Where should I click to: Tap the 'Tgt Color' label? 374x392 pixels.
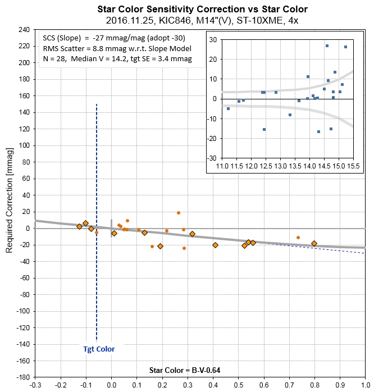(95, 349)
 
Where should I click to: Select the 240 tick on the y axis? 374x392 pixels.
(24, 30)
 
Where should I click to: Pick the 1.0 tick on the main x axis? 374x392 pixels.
(364, 386)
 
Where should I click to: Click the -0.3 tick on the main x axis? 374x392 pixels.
(35, 386)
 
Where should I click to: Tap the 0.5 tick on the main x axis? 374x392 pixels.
(238, 386)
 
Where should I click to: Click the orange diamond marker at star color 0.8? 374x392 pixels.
(314, 243)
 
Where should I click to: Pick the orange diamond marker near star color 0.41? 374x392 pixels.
(215, 245)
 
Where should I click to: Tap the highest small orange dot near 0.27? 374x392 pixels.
(179, 213)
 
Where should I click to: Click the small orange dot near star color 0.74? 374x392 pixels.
(298, 238)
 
